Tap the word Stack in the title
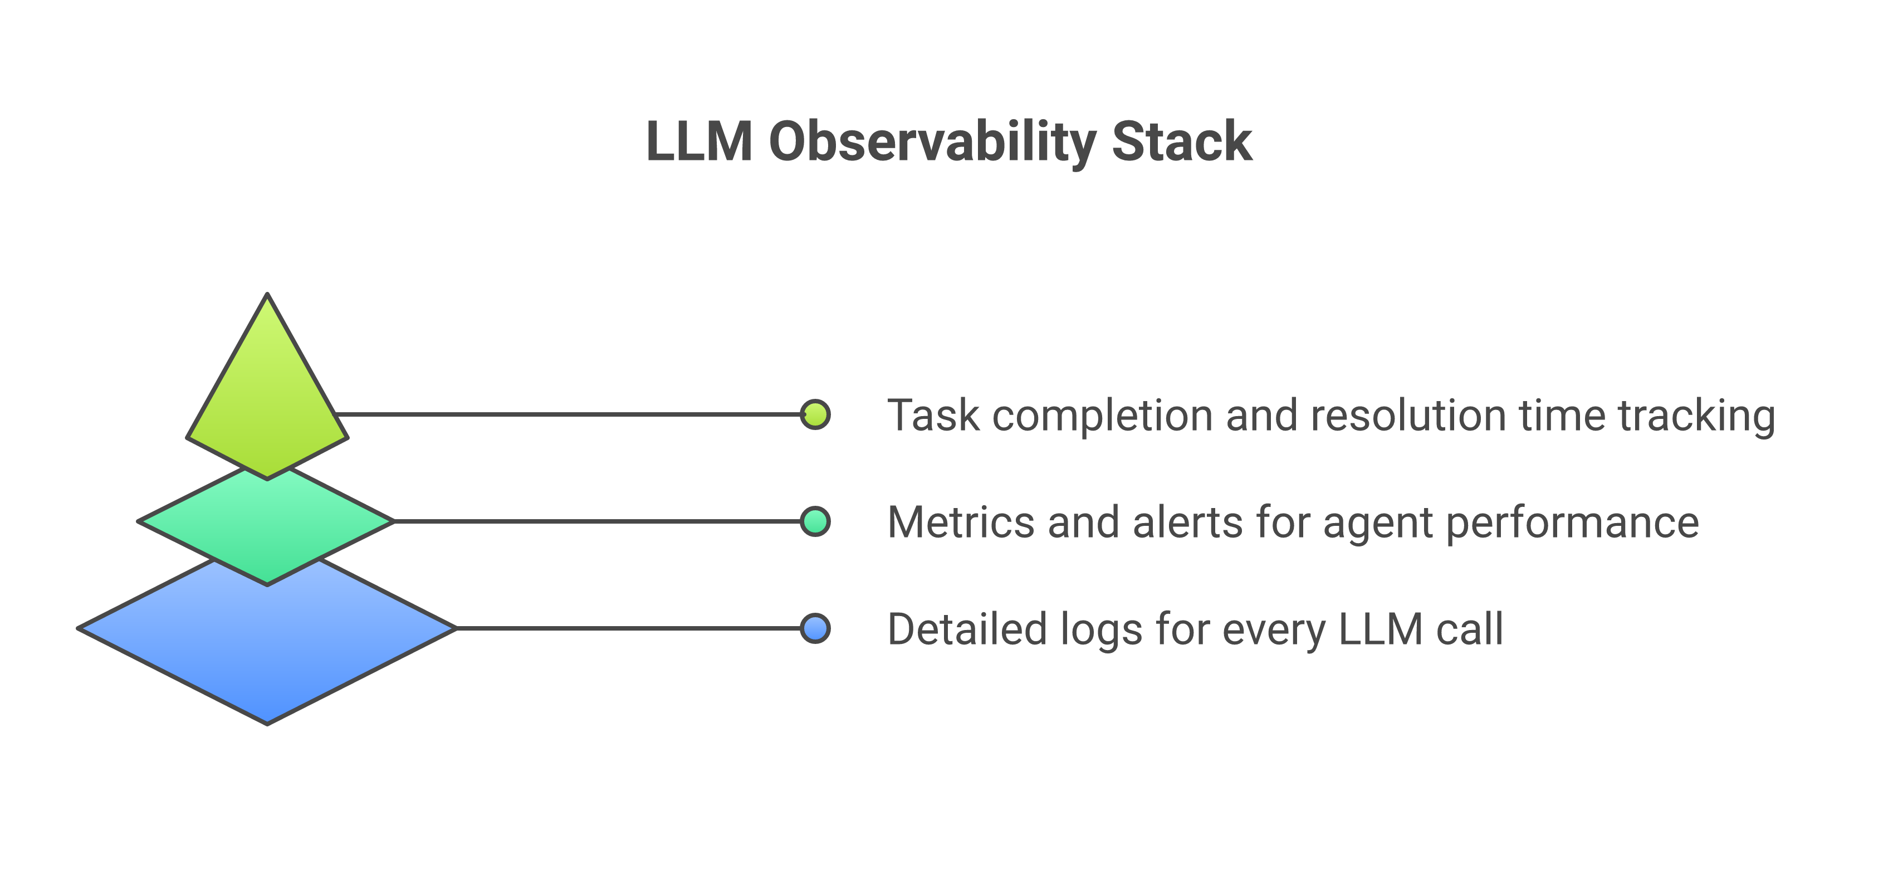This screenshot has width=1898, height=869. [1181, 141]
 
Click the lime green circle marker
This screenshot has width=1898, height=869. [815, 414]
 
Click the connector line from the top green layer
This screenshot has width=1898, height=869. [568, 414]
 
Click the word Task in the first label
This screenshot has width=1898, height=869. [933, 415]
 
